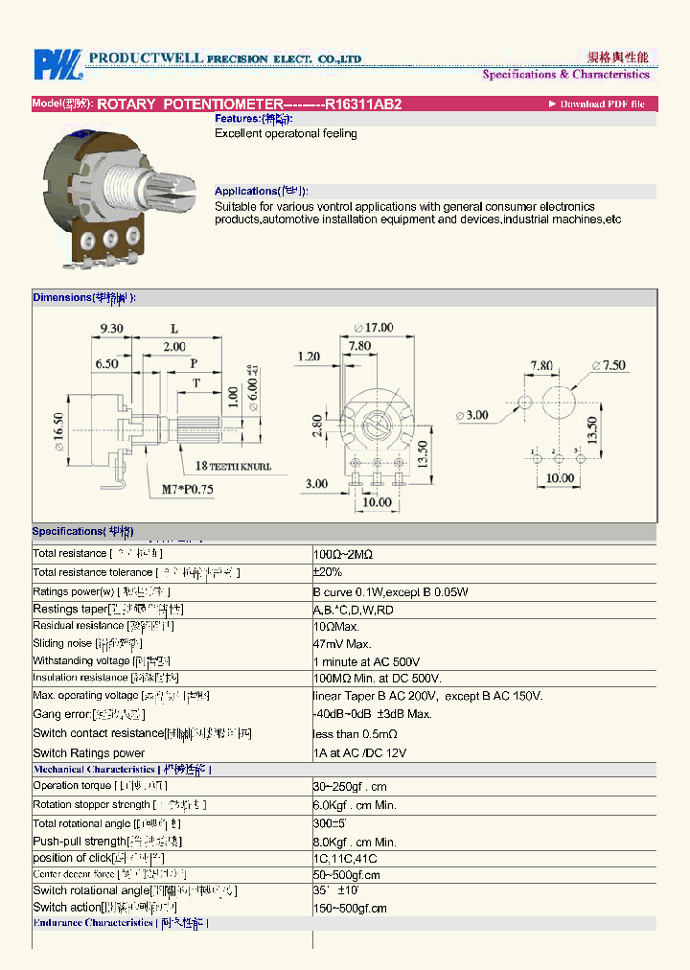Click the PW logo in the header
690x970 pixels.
tap(57, 63)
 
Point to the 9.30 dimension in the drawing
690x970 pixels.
tap(112, 329)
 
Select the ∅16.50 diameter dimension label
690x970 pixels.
tap(58, 432)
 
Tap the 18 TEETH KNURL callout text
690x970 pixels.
tap(233, 467)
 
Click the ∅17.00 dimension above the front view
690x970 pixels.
tap(373, 328)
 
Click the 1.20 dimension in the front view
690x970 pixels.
tap(309, 357)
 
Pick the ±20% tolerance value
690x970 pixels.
tap(328, 572)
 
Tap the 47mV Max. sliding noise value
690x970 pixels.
tap(342, 644)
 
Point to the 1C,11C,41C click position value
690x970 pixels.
tap(345, 859)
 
